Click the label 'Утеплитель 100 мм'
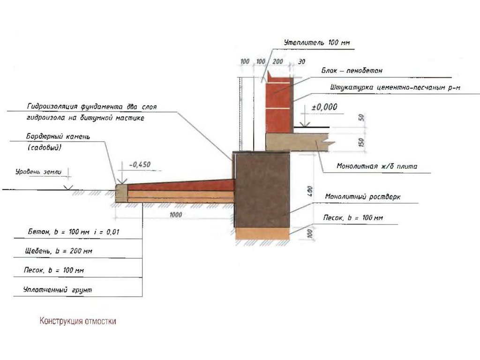pos(317,43)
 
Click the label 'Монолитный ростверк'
pos(363,197)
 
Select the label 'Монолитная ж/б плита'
pos(370,166)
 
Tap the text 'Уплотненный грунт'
pos(58,291)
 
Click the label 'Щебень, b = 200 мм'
pos(59,251)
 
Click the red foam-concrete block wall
pos(279,105)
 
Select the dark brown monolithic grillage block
pos(262,190)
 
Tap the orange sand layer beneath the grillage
pos(262,233)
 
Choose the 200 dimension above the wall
pos(278,62)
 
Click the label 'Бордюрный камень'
pos(58,137)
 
